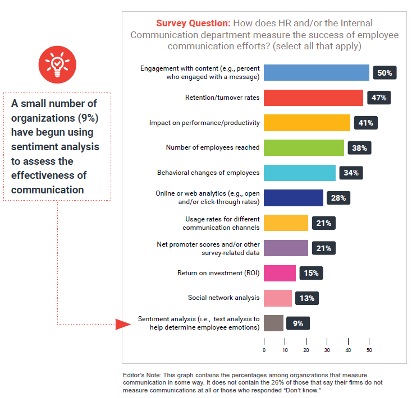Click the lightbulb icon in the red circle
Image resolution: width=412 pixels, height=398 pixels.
click(56, 63)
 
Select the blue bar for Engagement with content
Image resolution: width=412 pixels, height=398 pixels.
click(316, 73)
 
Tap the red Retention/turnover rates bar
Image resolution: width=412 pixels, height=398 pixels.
click(313, 98)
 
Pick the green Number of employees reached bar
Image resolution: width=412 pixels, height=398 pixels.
click(304, 147)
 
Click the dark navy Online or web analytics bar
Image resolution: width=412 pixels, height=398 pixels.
click(294, 198)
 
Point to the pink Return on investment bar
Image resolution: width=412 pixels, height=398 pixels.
click(280, 273)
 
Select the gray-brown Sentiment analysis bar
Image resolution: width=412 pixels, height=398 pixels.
click(273, 323)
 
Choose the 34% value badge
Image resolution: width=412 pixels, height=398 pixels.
click(351, 173)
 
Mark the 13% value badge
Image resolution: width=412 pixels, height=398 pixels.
click(307, 298)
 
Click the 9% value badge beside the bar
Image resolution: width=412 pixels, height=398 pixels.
click(298, 323)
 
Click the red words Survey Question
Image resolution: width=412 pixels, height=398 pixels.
click(193, 24)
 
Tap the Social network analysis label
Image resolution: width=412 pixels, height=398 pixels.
click(223, 298)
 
